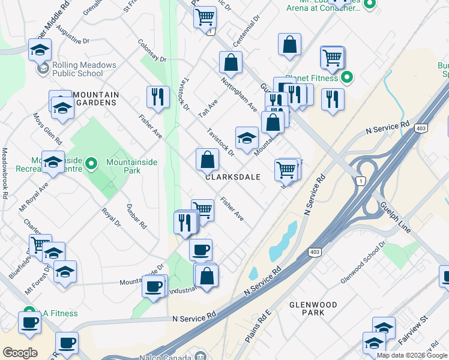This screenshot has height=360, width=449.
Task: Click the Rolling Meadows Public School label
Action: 77,69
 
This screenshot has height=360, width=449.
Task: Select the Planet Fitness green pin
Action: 347,78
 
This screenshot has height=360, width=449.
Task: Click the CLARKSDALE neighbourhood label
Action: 232,177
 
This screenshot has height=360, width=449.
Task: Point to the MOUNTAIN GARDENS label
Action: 95,99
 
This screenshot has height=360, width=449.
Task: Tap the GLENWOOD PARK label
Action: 313,308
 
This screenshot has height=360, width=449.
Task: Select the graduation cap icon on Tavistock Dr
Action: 246,137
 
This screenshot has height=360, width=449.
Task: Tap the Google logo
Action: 20,352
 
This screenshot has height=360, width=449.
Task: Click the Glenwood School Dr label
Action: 362,265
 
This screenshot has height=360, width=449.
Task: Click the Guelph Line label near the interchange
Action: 394,217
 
